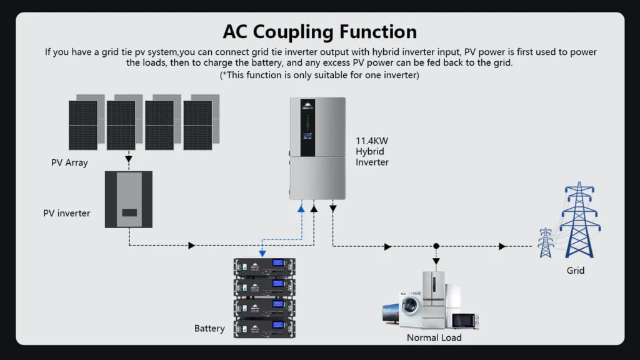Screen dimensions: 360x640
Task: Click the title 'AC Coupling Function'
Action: pos(319,31)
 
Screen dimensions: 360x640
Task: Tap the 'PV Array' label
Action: pos(69,162)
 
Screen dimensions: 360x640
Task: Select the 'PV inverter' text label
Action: pos(66,213)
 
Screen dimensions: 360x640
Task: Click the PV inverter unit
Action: pos(129,199)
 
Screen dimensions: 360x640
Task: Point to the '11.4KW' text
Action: pos(372,141)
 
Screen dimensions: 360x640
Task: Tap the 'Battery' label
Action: pos(209,328)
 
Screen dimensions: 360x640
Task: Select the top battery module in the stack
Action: pos(264,268)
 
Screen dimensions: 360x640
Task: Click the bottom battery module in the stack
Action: pos(264,327)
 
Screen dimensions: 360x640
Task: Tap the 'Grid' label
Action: pos(576,271)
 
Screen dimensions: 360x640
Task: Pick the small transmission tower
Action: pos(546,242)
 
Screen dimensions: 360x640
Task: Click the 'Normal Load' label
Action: pos(434,337)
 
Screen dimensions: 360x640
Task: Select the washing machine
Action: pos(410,311)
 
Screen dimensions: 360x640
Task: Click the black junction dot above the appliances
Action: pos(436,246)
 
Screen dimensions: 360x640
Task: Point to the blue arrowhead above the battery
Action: pos(262,253)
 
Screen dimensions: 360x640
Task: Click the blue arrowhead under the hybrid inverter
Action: pos(301,208)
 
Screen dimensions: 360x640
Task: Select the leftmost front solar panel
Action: pos(83,125)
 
